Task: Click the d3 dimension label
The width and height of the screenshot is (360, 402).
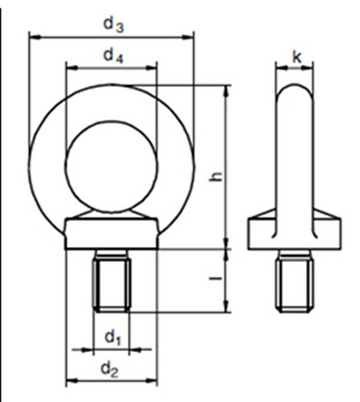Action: coord(112,24)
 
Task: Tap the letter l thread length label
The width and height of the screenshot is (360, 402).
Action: coord(215,280)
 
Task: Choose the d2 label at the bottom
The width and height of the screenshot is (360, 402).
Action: coord(112,371)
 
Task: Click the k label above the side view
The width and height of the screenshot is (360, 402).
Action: coord(297,58)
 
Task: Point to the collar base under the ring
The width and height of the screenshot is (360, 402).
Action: coord(112,233)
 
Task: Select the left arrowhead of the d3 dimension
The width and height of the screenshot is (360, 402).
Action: coord(33,35)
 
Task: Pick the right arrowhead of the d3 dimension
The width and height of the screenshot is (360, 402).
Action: coord(190,35)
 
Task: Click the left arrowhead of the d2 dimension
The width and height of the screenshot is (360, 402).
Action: coord(70,380)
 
